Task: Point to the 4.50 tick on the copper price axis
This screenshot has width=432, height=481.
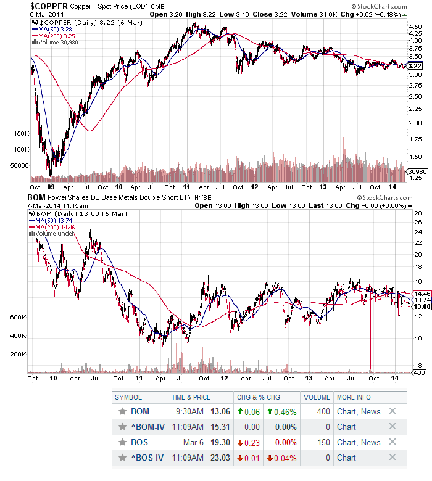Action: point(415,28)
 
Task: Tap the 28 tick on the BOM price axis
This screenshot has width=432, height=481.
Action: point(418,214)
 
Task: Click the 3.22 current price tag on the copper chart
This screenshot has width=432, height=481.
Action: point(415,66)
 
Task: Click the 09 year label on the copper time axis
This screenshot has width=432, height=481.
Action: point(52,186)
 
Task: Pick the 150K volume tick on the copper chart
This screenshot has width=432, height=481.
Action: point(20,133)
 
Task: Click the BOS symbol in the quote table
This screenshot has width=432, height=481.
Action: point(139,442)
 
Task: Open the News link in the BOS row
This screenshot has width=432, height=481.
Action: point(371,442)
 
